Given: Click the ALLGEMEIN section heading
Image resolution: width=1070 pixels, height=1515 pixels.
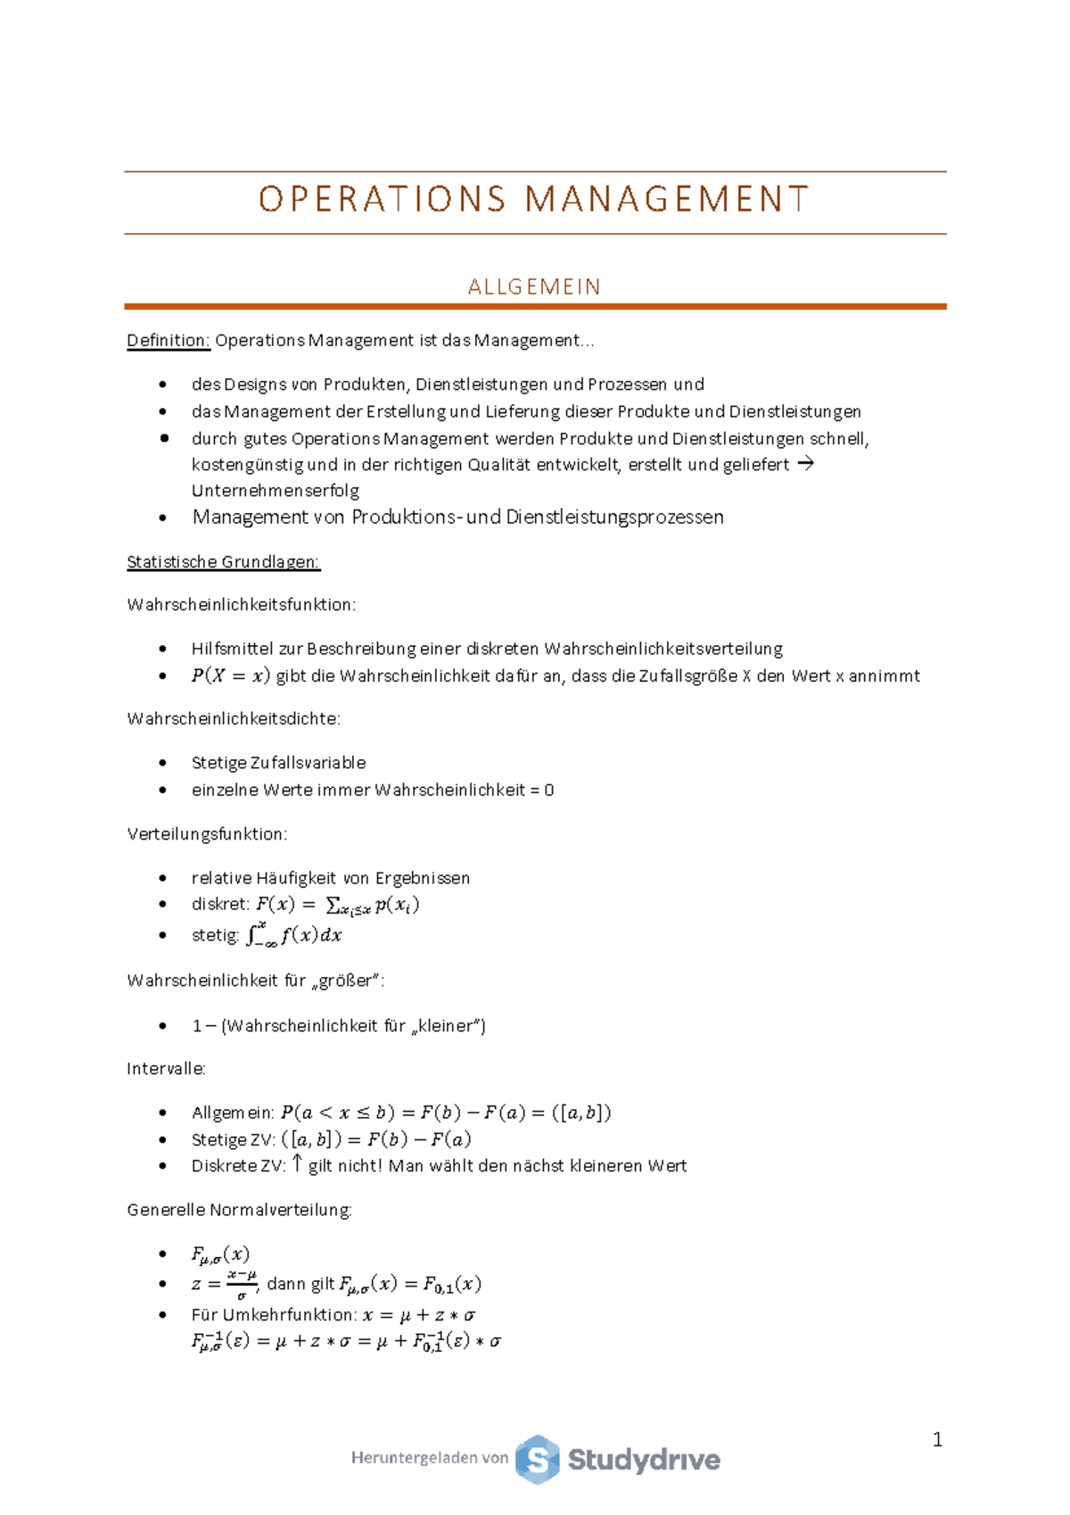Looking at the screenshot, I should point(534,287).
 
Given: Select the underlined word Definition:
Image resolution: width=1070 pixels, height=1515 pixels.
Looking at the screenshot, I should point(169,341).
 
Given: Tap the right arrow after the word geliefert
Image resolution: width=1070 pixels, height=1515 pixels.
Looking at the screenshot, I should point(805,464).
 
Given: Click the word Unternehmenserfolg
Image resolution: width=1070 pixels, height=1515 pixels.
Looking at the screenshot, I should point(276,491).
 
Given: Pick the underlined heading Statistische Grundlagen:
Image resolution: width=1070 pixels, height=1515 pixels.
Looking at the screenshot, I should point(224,562).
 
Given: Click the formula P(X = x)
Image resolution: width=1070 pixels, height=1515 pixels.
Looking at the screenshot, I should point(230,676).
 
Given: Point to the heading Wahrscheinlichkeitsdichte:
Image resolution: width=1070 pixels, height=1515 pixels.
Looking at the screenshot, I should point(234,719).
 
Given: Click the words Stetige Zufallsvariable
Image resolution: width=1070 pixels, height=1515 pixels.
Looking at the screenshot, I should point(278,763).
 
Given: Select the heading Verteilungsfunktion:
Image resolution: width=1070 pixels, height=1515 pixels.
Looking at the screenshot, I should point(207,834).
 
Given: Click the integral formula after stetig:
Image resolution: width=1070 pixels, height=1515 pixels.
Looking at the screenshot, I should point(294,935).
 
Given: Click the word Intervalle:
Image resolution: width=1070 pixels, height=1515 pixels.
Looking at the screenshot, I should point(167,1069).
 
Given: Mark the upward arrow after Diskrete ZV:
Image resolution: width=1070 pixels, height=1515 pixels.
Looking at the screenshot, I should point(298,1164).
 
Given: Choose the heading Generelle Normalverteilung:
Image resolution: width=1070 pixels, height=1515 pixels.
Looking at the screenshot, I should point(240,1211).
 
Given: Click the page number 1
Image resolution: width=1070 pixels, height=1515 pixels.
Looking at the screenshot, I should point(937,1439).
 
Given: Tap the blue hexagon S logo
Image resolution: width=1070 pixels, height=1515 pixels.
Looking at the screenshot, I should point(538,1460).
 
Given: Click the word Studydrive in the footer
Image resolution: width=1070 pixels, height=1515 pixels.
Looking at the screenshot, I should point(644,1461).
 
